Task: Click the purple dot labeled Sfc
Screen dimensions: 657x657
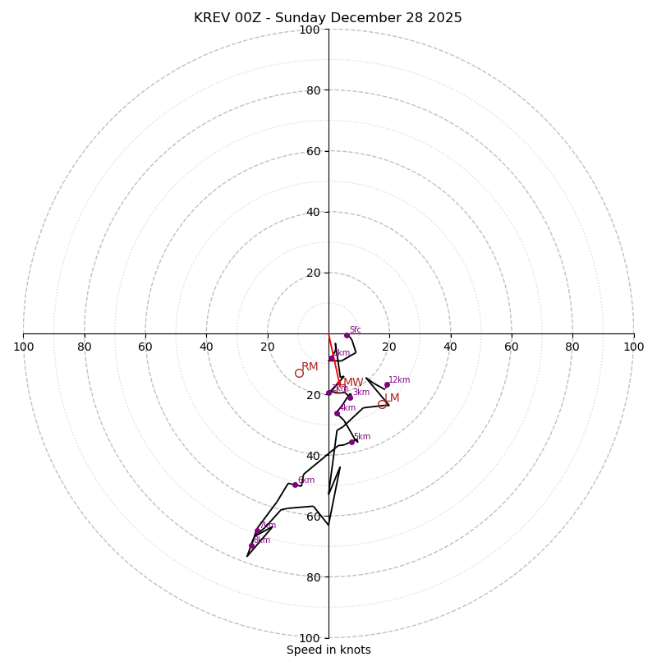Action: (347, 335)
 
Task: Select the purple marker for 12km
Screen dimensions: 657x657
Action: (387, 384)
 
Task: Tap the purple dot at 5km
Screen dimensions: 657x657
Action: (351, 442)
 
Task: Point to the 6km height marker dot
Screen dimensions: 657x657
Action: (295, 485)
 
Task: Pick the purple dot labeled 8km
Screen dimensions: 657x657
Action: (251, 545)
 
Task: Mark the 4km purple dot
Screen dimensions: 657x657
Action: (337, 413)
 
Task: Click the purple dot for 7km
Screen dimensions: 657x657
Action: (257, 531)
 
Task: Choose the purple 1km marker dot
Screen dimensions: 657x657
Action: (331, 358)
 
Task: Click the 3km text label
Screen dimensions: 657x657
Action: (361, 393)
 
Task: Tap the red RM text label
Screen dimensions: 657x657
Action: (310, 367)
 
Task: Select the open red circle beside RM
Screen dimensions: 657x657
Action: (299, 373)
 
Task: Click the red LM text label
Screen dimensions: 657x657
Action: (392, 398)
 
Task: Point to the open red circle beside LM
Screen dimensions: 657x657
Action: (382, 404)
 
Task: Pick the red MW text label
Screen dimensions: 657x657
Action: (353, 383)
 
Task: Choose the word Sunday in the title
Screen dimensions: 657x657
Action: (310, 18)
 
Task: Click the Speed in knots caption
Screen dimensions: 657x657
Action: (328, 650)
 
